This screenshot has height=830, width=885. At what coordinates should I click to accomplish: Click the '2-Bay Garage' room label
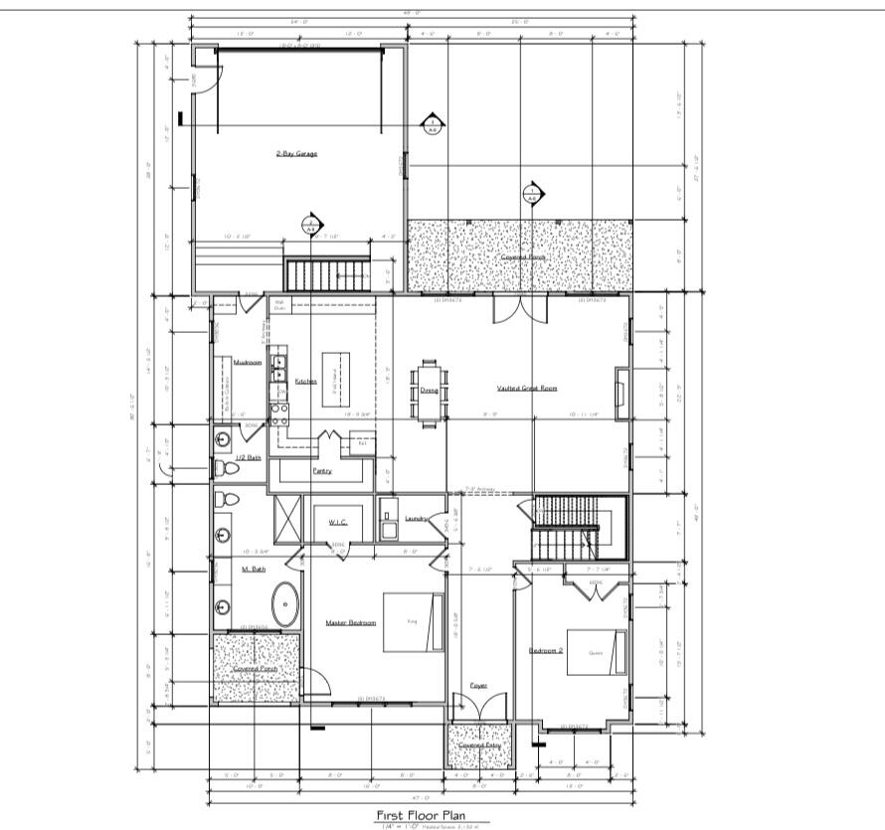[x=296, y=154]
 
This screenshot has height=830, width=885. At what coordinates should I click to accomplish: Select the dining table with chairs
[x=431, y=391]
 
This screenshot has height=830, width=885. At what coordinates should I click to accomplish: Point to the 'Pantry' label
[x=322, y=471]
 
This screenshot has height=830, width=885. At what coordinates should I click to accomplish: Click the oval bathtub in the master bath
[x=286, y=603]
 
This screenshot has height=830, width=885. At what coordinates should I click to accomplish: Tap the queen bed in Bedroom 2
[x=597, y=651]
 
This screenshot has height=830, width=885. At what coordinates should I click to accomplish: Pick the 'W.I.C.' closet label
[x=329, y=522]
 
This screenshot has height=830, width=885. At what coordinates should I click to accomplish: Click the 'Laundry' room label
[x=417, y=518]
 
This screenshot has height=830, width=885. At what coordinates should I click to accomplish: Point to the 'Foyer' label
[x=478, y=686]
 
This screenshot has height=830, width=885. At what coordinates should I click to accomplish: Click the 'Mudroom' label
[x=248, y=363]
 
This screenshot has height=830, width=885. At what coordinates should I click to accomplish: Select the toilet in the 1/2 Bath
[x=227, y=468]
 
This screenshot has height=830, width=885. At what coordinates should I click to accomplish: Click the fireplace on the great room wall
[x=620, y=389]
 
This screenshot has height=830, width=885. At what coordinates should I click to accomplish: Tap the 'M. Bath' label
[x=253, y=570]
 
